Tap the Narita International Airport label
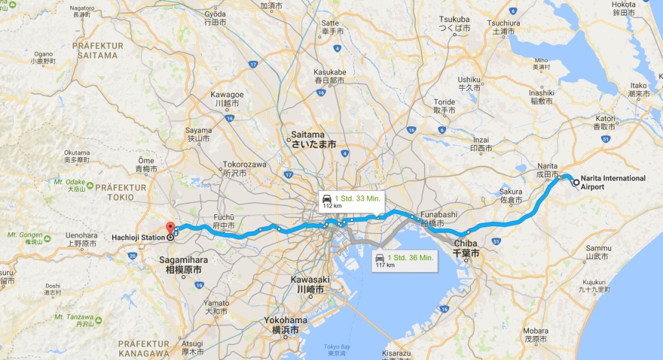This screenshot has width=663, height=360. pyautogui.click(x=612, y=182)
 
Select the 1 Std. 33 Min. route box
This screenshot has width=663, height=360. pyautogui.click(x=351, y=201)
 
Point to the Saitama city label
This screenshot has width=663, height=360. pyautogui.click(x=313, y=141)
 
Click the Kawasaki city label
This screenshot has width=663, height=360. pyautogui.click(x=307, y=284)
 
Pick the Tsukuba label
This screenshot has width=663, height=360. pyautogui.click(x=455, y=24)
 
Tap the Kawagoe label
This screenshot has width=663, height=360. pyautogui.click(x=227, y=98)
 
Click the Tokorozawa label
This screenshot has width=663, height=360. pyautogui.click(x=244, y=168)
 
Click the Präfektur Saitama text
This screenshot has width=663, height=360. pyautogui.click(x=95, y=51)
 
